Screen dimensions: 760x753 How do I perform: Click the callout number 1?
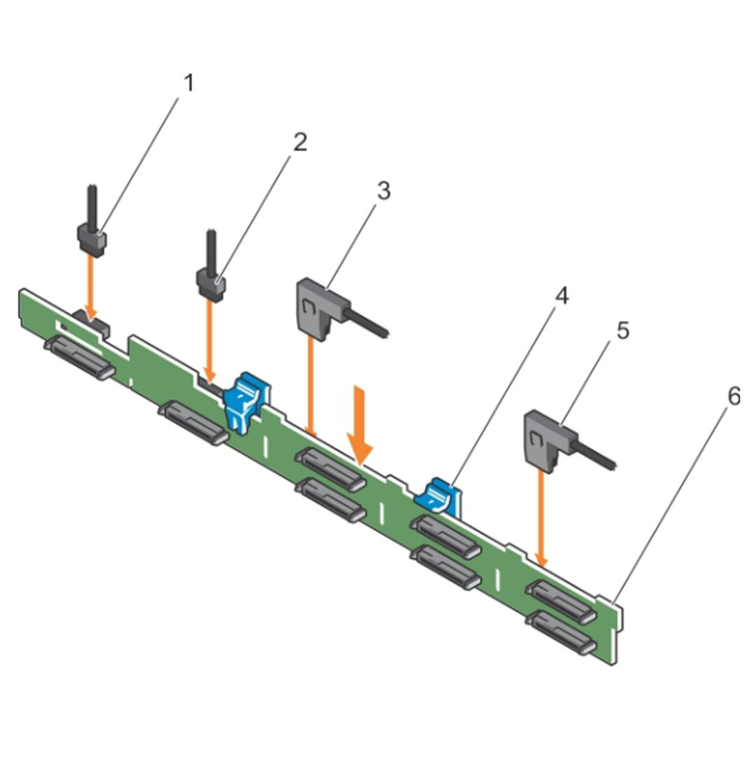pyautogui.click(x=187, y=85)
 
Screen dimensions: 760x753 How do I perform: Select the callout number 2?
pyautogui.click(x=299, y=144)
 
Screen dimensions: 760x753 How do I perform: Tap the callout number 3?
pyautogui.click(x=383, y=191)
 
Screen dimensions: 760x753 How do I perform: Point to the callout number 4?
pyautogui.click(x=562, y=297)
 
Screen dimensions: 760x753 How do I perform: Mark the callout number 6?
pyautogui.click(x=732, y=398)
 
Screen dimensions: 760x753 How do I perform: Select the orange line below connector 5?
pyautogui.click(x=541, y=515)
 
